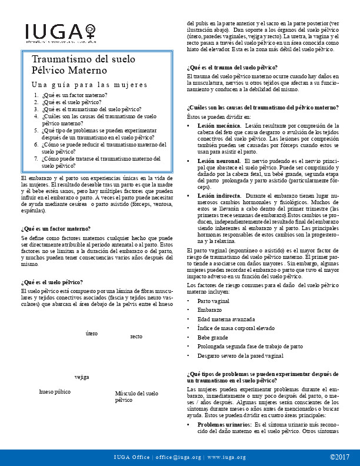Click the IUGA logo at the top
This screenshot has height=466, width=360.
[x=59, y=32]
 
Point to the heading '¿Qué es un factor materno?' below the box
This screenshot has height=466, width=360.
[x=56, y=212]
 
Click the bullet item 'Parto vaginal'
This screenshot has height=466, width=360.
[x=214, y=301]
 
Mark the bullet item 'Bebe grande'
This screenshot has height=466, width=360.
[x=213, y=338]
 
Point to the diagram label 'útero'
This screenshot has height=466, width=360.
[x=91, y=334]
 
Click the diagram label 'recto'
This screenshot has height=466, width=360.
[x=136, y=337]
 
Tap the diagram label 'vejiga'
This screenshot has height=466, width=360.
[x=82, y=377]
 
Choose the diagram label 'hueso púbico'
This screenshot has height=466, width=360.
[x=55, y=391]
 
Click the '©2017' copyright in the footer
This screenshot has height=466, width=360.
[x=339, y=457]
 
